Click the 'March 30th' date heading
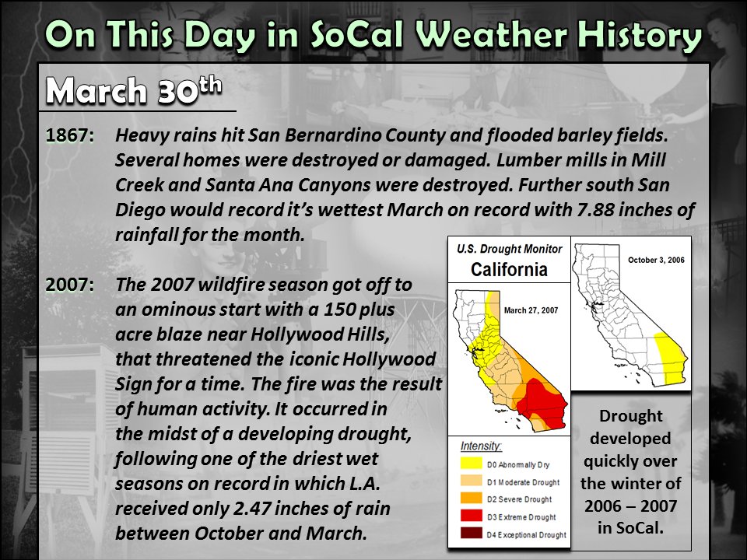coord(132,92)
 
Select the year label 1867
coord(70,135)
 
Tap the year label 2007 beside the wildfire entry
coord(70,284)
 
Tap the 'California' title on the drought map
coord(509,270)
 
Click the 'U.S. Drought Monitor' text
coord(509,250)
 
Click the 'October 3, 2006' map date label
coord(655,260)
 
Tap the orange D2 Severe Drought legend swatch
coord(472,499)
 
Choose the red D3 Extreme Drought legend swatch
coord(472,516)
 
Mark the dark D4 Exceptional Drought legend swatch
coord(472,533)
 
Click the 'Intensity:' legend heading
coord(482,447)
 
